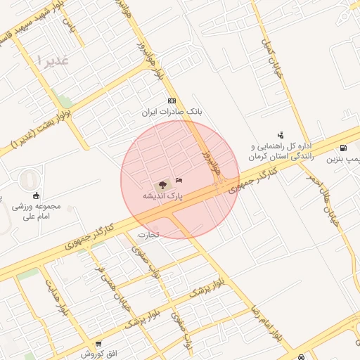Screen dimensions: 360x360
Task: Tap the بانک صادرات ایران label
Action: click(172, 112)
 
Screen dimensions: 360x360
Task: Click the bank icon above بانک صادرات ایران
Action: click(172, 101)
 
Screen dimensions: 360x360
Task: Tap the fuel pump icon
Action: click(342, 148)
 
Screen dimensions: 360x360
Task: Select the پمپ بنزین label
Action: click(343, 160)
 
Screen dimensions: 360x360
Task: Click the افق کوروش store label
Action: click(98, 354)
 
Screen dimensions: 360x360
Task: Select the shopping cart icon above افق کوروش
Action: click(98, 344)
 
